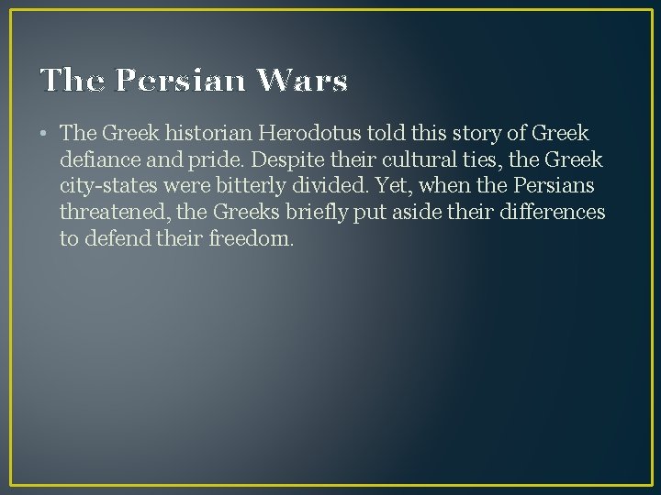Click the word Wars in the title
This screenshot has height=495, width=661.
click(302, 82)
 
